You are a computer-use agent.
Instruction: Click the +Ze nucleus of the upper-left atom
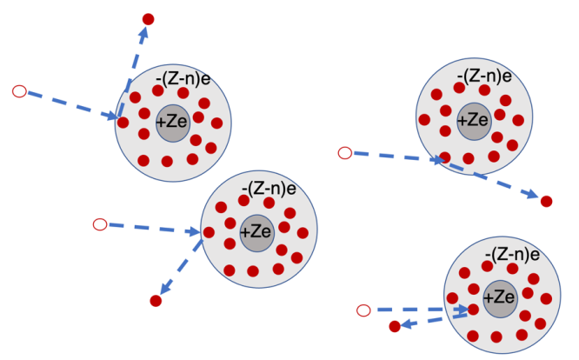point(173,123)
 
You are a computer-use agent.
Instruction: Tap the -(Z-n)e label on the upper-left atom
point(183,79)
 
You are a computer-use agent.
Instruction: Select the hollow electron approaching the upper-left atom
point(20,91)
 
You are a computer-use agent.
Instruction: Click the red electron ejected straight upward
point(148,19)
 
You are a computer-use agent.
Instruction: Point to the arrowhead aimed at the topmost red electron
point(143,32)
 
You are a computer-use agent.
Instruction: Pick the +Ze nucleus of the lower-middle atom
point(257,233)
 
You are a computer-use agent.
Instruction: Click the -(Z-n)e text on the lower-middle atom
point(269,189)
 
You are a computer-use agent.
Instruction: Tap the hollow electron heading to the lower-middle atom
point(100,224)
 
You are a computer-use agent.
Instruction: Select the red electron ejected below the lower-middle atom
point(156,301)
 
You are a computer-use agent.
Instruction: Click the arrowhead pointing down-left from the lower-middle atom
point(165,287)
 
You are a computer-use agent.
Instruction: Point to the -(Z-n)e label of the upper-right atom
point(484,77)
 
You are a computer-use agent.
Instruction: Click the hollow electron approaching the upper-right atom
point(345,153)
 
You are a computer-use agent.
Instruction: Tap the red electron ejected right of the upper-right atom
point(547,201)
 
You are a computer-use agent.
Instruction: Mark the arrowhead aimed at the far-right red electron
point(532,194)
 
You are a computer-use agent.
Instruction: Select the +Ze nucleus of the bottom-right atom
point(501,299)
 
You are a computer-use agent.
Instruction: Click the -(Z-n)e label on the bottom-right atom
point(513,255)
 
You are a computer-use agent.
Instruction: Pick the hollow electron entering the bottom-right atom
point(363,310)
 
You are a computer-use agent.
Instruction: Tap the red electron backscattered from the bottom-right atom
point(395,326)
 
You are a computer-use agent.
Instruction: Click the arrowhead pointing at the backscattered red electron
point(407,324)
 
